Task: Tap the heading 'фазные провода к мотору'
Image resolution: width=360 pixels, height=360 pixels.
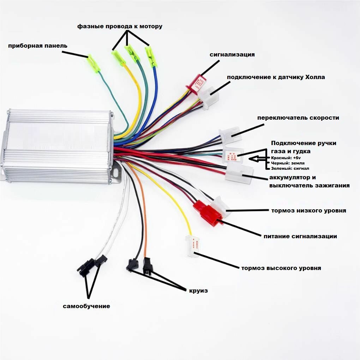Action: point(120,26)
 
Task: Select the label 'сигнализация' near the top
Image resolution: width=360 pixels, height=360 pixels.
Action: point(232,55)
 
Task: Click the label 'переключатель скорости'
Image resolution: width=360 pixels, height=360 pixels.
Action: point(298,118)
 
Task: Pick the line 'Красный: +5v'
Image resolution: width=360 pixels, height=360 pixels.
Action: point(286,158)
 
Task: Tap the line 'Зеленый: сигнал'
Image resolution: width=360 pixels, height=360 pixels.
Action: point(290,168)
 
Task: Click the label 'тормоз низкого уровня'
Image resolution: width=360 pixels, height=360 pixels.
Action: point(308,211)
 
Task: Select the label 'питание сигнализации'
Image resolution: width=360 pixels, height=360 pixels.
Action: point(300,236)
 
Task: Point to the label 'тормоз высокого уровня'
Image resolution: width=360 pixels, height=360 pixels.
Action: point(281,268)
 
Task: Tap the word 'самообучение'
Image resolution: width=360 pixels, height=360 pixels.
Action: point(86,306)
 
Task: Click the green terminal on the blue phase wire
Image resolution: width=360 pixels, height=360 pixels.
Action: point(151,56)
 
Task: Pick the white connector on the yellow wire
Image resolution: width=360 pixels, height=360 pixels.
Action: point(193,245)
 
